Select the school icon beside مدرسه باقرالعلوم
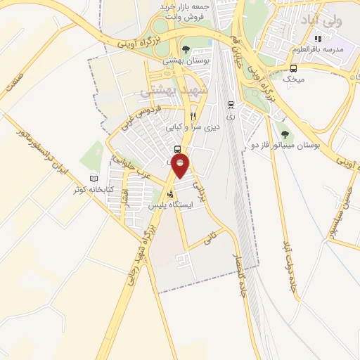click(318, 39)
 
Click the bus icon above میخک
click(293, 68)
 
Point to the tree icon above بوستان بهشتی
click(186, 49)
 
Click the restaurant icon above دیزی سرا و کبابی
click(193, 117)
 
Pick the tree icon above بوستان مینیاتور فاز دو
click(284, 134)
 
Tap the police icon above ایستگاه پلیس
click(169, 195)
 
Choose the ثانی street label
click(208, 239)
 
